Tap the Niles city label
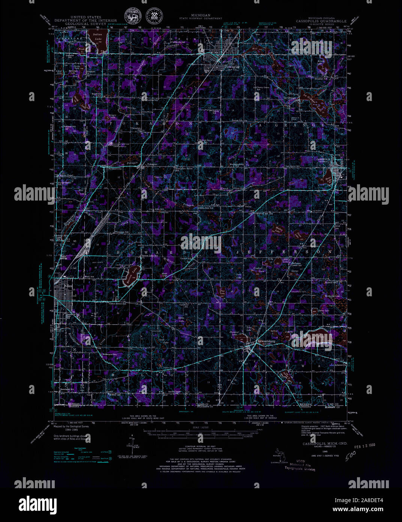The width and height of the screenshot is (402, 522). [x=68, y=286]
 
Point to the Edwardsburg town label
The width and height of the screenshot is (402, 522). [x=266, y=341]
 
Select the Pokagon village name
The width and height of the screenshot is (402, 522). [x=152, y=164]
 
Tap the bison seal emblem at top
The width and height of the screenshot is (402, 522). [x=132, y=17]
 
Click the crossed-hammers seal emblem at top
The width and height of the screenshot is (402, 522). [x=154, y=17]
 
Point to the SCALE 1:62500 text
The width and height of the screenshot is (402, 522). [x=201, y=427]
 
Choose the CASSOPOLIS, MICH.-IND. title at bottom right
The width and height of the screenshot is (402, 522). [x=325, y=444]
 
